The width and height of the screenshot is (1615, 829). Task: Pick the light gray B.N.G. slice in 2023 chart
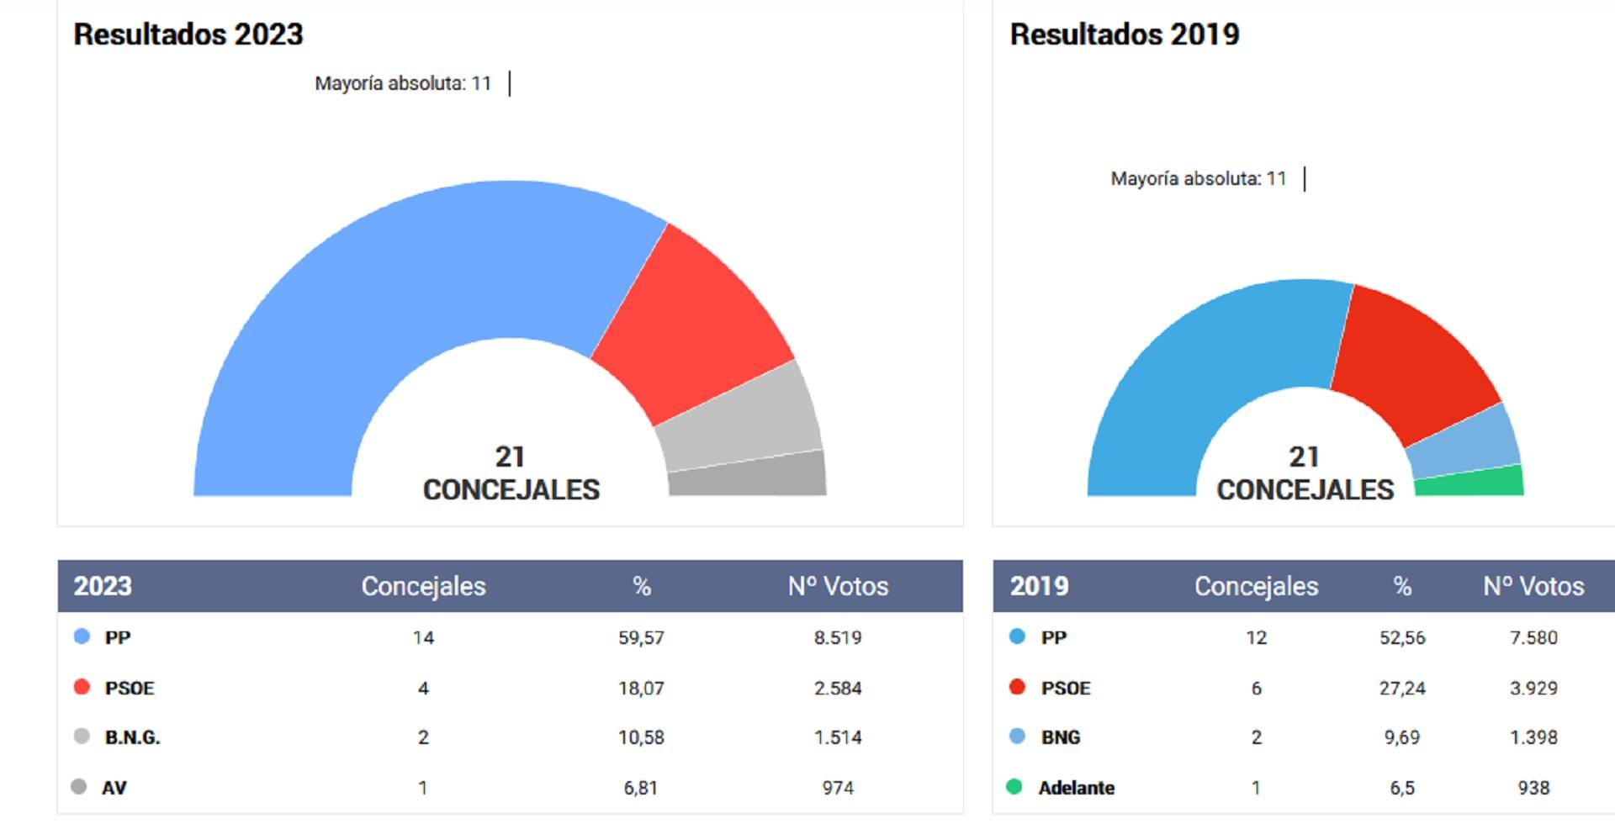[x=736, y=419]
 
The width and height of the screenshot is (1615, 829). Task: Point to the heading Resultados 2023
[x=188, y=34]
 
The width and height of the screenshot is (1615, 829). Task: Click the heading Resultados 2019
[x=1125, y=34]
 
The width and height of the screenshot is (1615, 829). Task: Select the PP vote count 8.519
[x=838, y=637]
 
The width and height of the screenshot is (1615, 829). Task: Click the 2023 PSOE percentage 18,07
[x=641, y=689]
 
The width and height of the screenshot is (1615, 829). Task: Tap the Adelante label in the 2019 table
[x=1077, y=788]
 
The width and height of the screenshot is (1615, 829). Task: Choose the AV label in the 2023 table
[x=114, y=788]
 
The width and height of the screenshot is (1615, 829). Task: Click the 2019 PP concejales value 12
[x=1256, y=637]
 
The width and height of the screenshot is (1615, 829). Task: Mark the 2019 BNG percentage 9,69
[x=1401, y=737]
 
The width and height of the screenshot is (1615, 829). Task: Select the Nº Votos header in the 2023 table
[x=838, y=586]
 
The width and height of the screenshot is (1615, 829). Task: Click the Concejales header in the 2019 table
[x=1256, y=586]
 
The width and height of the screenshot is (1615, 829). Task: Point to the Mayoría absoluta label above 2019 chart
[x=1198, y=178]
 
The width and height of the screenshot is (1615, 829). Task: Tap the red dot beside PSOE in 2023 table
[x=82, y=687]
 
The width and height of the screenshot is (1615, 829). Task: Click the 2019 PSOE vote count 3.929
[x=1533, y=689]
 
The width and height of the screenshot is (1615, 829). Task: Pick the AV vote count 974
[x=838, y=788]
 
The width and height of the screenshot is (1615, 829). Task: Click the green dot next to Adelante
[x=1014, y=787]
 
